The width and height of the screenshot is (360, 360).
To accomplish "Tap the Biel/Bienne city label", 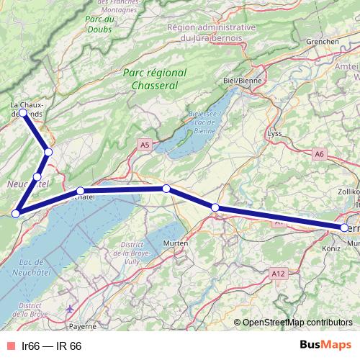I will (242, 81).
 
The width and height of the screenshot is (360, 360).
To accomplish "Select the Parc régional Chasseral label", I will (154, 78).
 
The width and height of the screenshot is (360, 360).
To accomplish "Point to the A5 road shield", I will (145, 145).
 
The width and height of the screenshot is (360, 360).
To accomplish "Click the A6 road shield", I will (320, 153).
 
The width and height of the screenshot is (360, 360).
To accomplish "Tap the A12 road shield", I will (279, 274).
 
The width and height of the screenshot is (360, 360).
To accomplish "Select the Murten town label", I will (176, 243).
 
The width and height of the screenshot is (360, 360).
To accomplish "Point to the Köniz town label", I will (330, 248).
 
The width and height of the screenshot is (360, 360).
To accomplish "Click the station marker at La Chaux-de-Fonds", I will (23, 113).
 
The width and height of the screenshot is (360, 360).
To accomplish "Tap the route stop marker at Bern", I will (344, 228).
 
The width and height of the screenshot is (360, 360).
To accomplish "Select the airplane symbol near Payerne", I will (69, 310).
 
